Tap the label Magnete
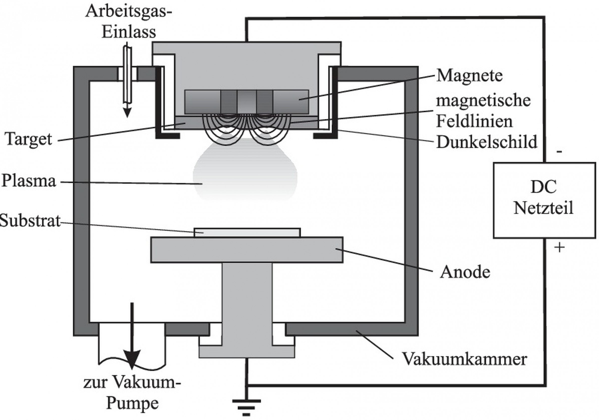[469, 76]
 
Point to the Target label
[28, 139]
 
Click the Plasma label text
[29, 181]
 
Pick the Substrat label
[30, 221]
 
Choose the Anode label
[465, 272]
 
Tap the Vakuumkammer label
[464, 359]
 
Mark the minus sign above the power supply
[559, 152]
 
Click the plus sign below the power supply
[559, 247]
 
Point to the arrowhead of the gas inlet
[127, 113]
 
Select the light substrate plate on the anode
[247, 232]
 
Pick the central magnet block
[247, 102]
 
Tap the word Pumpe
[133, 403]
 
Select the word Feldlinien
[474, 121]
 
